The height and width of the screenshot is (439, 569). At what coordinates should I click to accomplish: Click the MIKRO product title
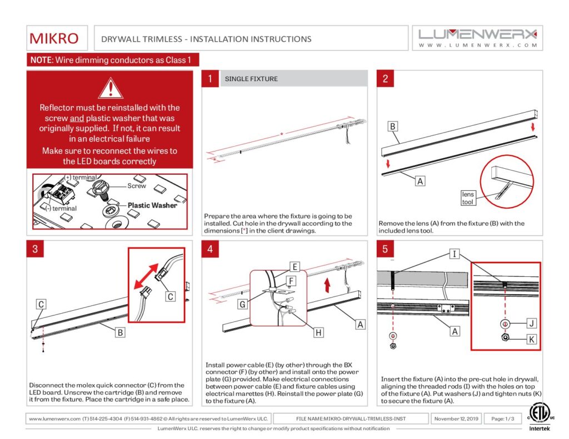54,39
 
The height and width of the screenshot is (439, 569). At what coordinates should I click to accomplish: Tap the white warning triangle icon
110,88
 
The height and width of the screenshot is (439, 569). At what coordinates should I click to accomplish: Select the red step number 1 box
210,79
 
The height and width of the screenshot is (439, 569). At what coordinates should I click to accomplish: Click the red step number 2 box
386,79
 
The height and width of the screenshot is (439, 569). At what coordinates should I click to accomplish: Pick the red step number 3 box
35,249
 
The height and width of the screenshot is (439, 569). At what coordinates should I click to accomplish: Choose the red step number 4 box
210,249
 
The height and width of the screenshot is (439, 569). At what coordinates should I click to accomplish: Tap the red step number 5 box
386,249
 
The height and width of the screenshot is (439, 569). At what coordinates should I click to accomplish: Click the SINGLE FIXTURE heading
251,79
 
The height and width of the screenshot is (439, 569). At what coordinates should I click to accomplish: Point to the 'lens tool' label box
468,198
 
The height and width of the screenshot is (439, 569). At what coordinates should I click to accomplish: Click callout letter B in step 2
392,127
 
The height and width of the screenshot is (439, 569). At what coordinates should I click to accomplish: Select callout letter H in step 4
318,332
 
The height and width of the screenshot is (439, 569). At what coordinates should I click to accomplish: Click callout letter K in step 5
532,339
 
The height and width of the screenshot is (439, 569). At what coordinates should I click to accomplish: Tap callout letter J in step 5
532,323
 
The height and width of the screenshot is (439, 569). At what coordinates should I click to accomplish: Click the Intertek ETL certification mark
537,416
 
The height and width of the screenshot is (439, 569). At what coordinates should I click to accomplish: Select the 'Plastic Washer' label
152,205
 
